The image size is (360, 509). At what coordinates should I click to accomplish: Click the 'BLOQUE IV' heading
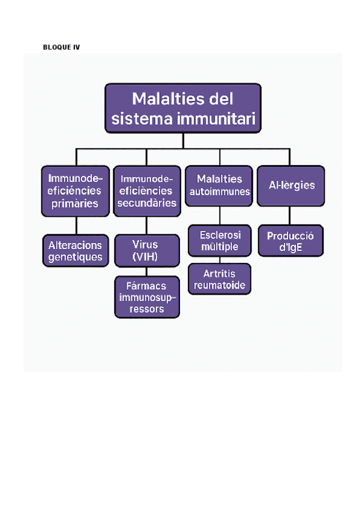click(61, 47)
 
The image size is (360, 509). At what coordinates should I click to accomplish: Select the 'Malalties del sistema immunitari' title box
click(183, 108)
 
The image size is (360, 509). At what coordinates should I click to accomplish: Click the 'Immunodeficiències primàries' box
click(75, 191)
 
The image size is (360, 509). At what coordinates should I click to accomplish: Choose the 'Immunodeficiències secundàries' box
click(146, 191)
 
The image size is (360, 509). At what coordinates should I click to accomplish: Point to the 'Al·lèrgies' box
click(290, 185)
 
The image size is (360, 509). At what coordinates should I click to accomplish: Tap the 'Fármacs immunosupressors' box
click(147, 297)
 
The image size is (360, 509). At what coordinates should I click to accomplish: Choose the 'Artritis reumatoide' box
click(219, 279)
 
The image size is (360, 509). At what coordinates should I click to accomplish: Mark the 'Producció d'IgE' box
click(290, 241)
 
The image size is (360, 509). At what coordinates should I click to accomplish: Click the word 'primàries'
click(75, 203)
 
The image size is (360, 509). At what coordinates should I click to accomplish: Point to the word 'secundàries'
click(147, 203)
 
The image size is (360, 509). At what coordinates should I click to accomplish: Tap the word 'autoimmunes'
click(220, 191)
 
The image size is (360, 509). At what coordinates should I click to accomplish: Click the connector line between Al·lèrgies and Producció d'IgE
click(290, 215)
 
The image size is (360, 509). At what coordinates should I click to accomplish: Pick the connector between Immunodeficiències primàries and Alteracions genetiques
click(76, 225)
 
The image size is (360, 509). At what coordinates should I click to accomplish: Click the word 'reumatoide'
click(219, 285)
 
